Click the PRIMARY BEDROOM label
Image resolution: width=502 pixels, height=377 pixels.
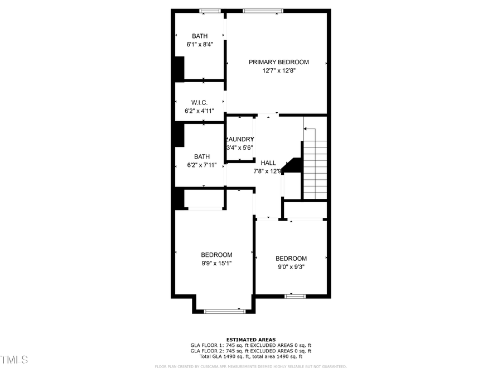pos(278,62)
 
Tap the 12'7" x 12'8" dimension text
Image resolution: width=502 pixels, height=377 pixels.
pos(278,71)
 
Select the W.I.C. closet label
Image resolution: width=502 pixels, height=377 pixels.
pos(199,102)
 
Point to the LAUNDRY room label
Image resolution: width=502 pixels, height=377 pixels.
pos(240,139)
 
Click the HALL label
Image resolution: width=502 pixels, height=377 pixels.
pos(268,163)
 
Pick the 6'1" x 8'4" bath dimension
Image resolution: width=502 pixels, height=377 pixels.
pos(200,44)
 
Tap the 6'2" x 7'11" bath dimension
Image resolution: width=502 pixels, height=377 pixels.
pos(201,165)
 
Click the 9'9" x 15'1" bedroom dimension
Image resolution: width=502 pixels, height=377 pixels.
pos(216,263)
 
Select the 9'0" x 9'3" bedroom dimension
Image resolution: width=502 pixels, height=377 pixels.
pos(291,266)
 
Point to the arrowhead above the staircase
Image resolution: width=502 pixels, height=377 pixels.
pos(305,130)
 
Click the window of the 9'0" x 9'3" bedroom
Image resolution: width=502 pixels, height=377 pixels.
pos(295,296)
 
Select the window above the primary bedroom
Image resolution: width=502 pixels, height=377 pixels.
pos(263,11)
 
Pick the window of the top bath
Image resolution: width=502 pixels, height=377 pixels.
pos(210,11)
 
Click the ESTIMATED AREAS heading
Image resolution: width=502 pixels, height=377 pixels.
pos(250,340)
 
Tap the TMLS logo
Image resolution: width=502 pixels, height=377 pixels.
pos(15,359)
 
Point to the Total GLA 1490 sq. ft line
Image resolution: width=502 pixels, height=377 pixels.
pos(250,356)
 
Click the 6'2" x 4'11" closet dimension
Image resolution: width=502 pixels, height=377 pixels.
pos(199,111)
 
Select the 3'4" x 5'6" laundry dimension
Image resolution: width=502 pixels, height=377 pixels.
pos(240,147)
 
